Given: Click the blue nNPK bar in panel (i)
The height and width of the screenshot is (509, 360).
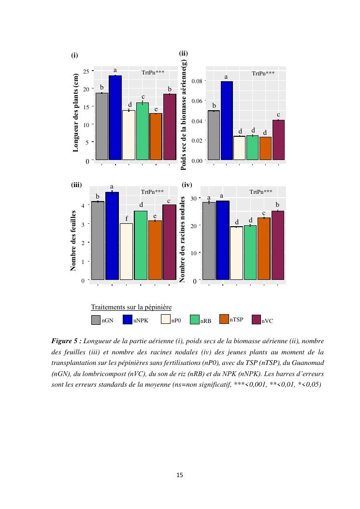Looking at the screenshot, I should [x=115, y=117].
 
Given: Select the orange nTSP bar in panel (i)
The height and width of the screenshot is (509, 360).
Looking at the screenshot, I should [x=156, y=136].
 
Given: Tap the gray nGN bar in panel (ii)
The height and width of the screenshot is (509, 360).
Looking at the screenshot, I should [x=214, y=135].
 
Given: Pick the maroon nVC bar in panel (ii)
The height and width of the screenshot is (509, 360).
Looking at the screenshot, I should [x=278, y=140].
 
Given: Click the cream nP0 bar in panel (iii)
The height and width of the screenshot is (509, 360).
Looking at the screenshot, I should [x=126, y=251].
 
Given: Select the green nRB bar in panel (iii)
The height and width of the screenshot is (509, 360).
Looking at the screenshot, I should [x=141, y=245].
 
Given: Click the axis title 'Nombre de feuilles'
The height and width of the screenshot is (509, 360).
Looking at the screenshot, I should [x=74, y=240].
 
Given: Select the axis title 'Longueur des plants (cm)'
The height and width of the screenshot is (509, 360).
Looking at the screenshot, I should [x=75, y=116].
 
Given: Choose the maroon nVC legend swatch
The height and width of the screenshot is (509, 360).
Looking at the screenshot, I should [x=255, y=320].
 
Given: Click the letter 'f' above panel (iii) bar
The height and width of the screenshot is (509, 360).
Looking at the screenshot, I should [x=126, y=218].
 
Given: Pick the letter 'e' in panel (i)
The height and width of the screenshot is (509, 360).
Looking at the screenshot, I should [x=156, y=109].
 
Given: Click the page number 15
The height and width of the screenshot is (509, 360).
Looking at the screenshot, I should [x=180, y=475].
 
